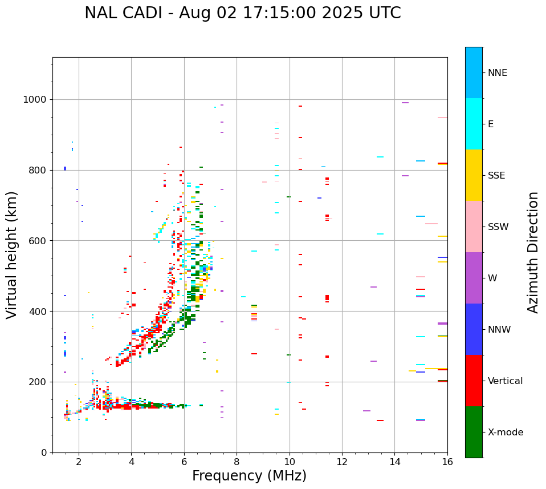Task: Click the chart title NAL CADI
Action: click(242, 13)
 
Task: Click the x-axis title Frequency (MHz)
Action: click(249, 476)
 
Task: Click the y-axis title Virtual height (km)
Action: click(12, 255)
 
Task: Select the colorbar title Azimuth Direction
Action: click(533, 252)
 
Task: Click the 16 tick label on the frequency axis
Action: click(447, 462)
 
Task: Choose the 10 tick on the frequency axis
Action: click(290, 462)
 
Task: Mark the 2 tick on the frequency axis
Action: click(79, 462)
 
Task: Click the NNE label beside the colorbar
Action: click(497, 73)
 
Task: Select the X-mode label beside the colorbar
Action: click(505, 433)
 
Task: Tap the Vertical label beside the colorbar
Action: click(505, 381)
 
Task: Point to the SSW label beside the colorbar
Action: click(498, 227)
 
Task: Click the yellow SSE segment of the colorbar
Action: click(474, 175)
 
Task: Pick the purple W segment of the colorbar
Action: click(474, 278)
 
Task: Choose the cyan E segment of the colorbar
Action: click(474, 124)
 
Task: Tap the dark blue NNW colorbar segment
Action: click(474, 329)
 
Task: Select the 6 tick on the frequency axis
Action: click(184, 462)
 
